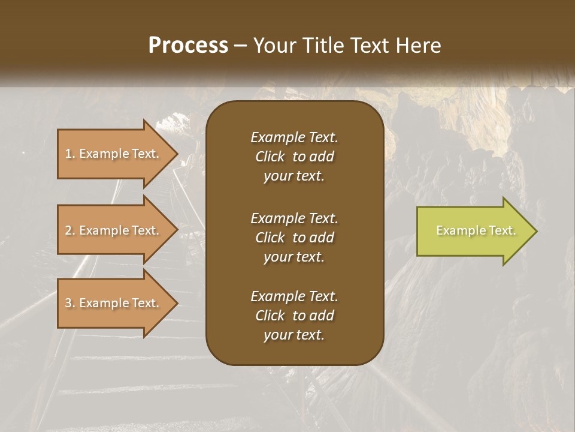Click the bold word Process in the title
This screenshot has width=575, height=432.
188,46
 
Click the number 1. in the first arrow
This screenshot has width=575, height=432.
70,154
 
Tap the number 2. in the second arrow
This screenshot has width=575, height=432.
70,230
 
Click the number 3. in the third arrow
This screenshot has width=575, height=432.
70,303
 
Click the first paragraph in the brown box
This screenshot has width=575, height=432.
294,157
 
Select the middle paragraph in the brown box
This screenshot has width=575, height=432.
294,237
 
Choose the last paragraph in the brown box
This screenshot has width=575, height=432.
294,316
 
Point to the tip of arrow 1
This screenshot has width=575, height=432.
177,154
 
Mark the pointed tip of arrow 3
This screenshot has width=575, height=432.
177,303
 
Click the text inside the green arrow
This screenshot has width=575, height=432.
476,230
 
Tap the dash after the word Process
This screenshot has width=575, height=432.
241,46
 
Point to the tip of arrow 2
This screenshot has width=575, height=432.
177,230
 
